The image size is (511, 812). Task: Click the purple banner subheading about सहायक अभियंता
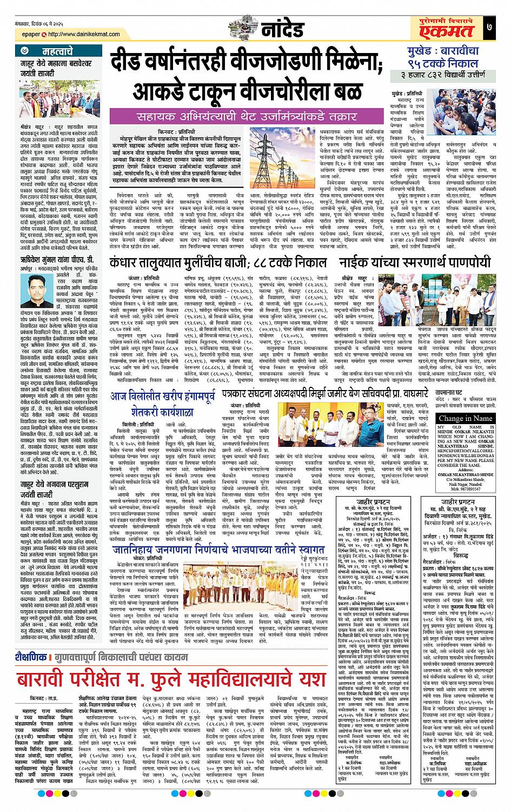(x=233, y=116)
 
